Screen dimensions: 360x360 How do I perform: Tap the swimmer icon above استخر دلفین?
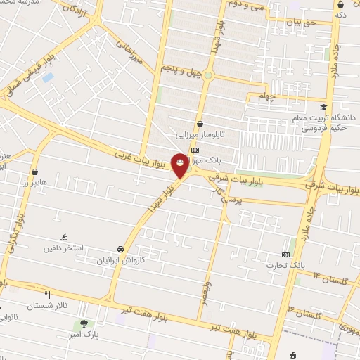pyautogui.click(x=65, y=237)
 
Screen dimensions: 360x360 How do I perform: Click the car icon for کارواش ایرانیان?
pyautogui.click(x=121, y=250)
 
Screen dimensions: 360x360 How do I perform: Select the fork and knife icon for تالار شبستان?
pyautogui.click(x=48, y=295)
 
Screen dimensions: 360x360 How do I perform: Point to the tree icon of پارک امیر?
pyautogui.click(x=84, y=324)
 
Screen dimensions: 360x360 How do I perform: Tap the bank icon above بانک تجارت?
pyautogui.click(x=285, y=255)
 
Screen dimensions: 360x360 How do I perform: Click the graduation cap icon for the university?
pyautogui.click(x=323, y=108)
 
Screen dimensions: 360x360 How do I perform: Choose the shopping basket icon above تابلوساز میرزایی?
pyautogui.click(x=200, y=123)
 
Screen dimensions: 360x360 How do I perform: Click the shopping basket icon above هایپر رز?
pyautogui.click(x=35, y=171)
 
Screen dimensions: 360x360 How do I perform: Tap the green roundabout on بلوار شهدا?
pyautogui.click(x=208, y=75)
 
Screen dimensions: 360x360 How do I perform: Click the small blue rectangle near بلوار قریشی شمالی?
pyautogui.click(x=48, y=77)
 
